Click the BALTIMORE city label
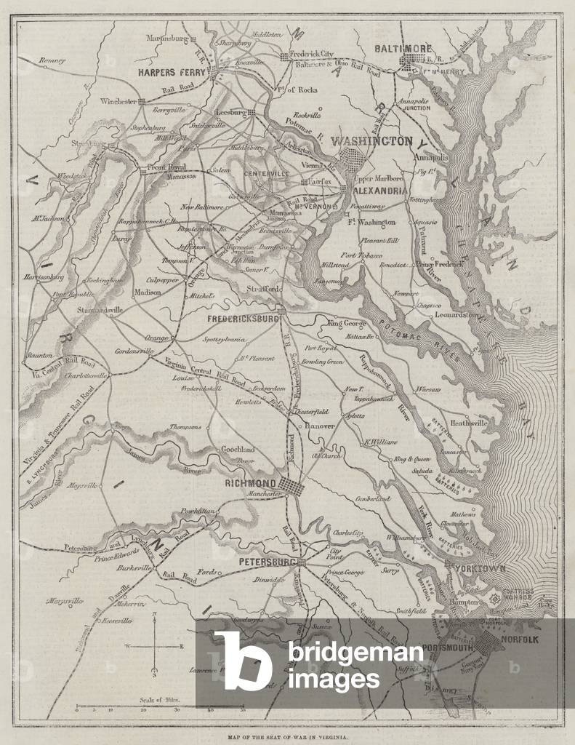click(403, 48)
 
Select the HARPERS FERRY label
click(173, 73)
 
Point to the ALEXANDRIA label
click(379, 191)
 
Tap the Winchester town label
click(119, 101)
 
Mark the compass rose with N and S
click(154, 645)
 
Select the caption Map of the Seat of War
click(287, 736)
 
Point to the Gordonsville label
click(134, 351)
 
